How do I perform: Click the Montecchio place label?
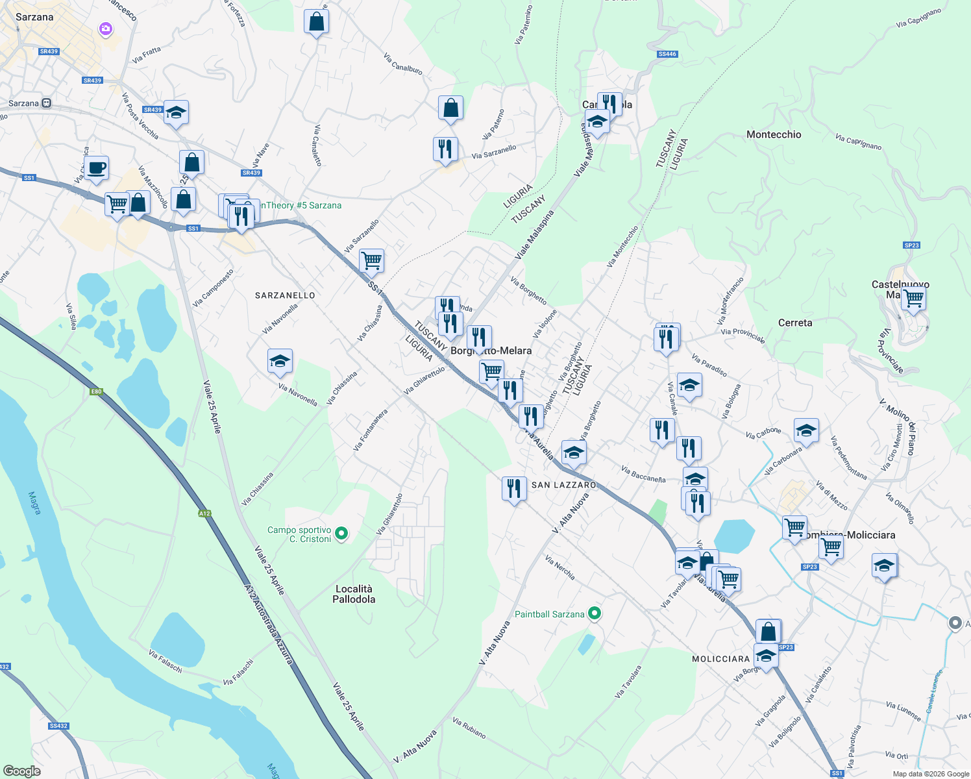(774, 134)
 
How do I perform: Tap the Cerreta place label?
(795, 323)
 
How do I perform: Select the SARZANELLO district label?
(285, 295)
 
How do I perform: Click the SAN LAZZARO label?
(563, 485)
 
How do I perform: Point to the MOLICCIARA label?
(721, 659)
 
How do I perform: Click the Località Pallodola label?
(354, 594)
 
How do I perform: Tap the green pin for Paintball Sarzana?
(594, 613)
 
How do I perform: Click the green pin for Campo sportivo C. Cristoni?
(341, 534)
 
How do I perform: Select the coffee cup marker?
(97, 168)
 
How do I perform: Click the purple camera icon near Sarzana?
(105, 29)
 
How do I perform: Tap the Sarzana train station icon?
(47, 103)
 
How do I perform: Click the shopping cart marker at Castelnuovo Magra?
(913, 298)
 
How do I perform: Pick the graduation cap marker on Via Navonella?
(280, 361)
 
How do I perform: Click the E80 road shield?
(96, 391)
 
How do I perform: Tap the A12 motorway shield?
(204, 513)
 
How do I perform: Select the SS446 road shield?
(667, 54)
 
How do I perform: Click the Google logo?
(21, 771)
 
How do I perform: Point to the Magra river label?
(34, 502)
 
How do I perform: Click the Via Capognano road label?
(918, 18)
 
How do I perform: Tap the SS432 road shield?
(58, 726)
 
